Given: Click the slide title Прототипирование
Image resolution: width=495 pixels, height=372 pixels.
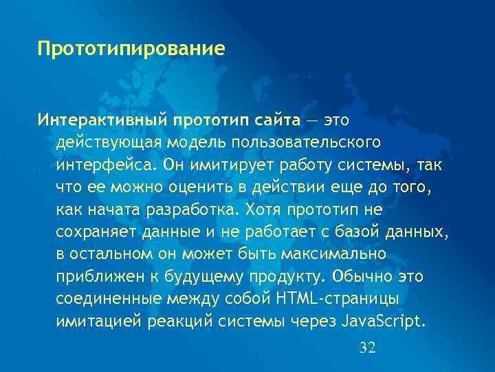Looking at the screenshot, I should (131, 50).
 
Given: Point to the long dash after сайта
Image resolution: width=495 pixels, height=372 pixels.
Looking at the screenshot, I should (312, 121).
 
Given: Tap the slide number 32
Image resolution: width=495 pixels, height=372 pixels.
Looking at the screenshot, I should (368, 347).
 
